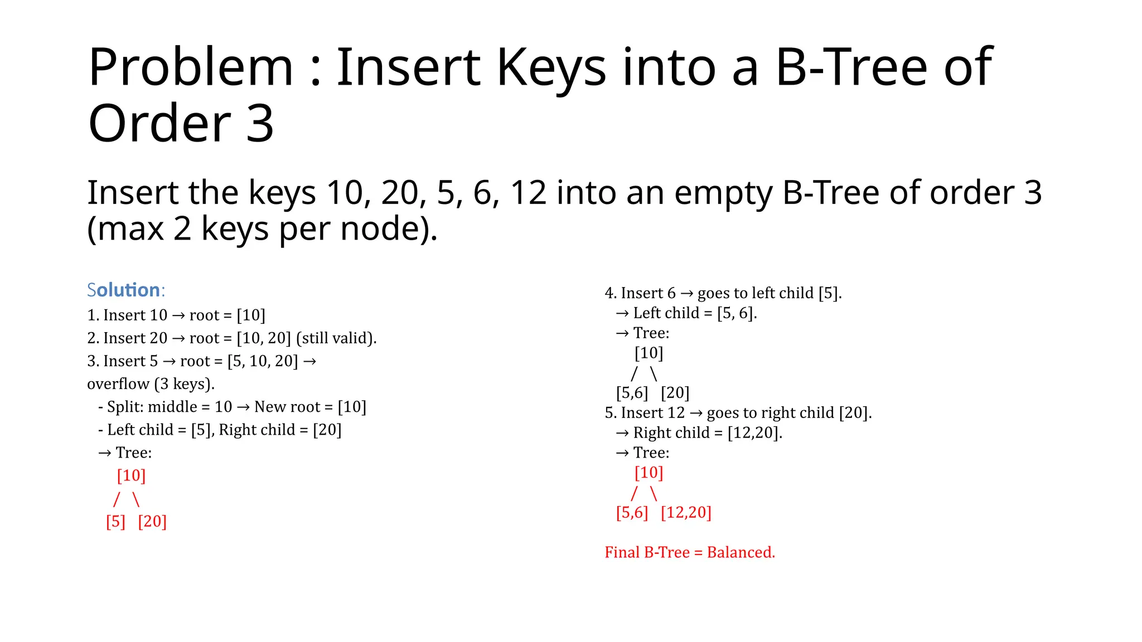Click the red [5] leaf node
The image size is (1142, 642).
click(x=115, y=522)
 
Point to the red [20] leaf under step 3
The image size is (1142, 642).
click(x=152, y=522)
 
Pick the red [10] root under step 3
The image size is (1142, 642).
click(x=131, y=476)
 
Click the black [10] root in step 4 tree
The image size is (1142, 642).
click(x=649, y=353)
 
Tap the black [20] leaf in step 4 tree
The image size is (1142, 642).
click(x=675, y=393)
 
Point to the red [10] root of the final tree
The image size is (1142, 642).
click(x=649, y=473)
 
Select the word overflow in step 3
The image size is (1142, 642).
click(x=118, y=385)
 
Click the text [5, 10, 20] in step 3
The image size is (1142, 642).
click(x=263, y=362)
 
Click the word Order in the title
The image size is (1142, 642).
click(x=159, y=124)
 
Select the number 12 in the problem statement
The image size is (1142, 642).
click(x=528, y=193)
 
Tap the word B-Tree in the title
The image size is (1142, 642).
click(x=851, y=68)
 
